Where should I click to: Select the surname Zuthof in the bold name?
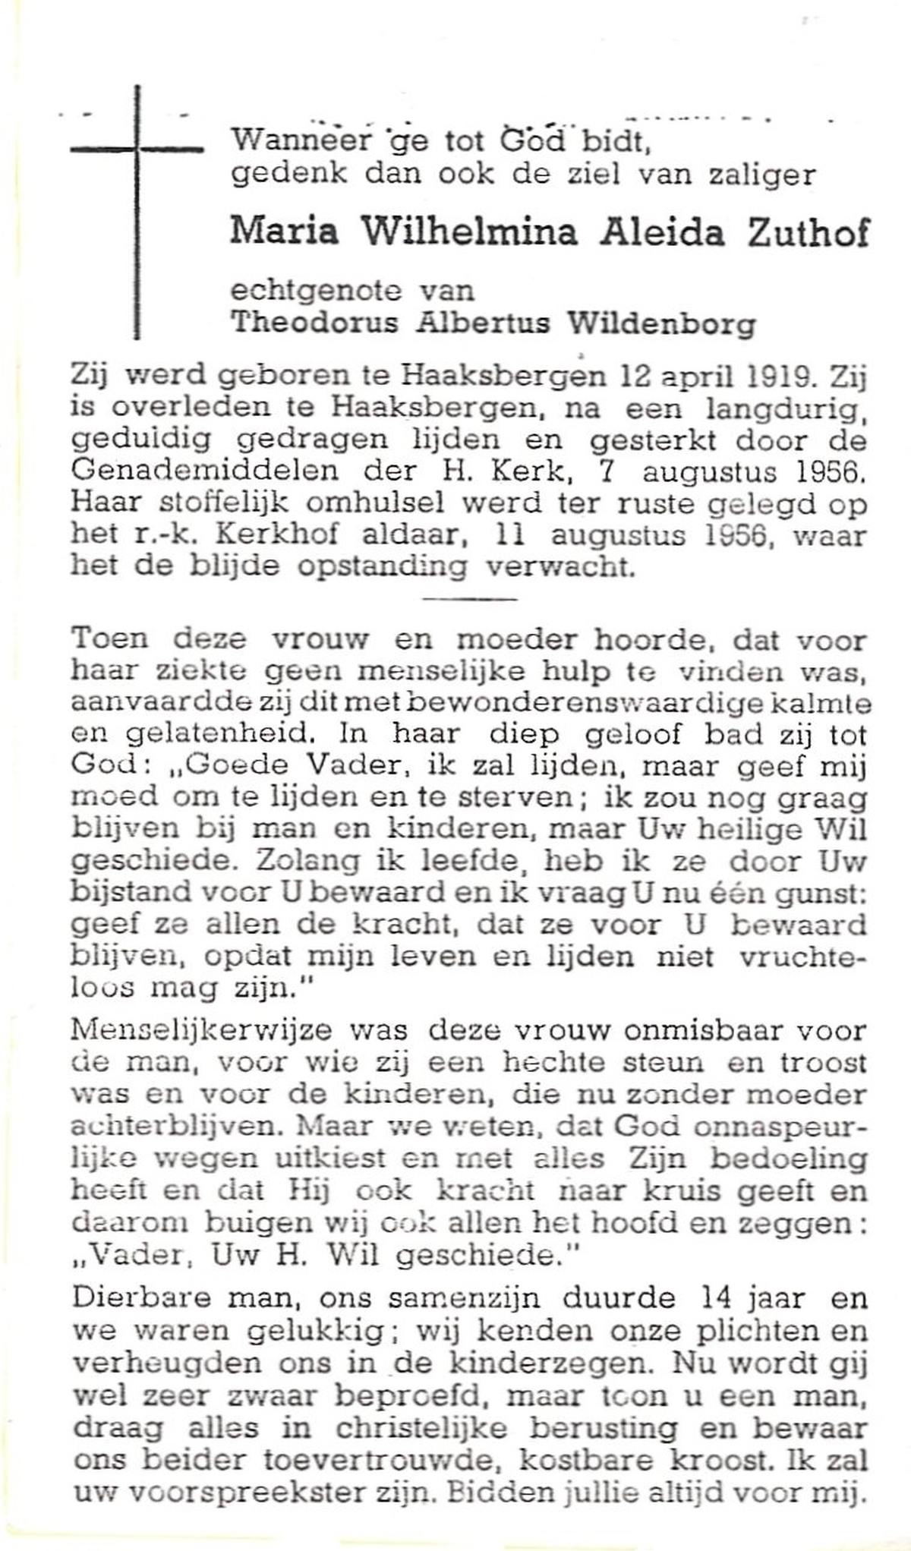point(809,232)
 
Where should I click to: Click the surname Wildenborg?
point(662,323)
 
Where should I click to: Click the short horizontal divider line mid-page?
point(468,599)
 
